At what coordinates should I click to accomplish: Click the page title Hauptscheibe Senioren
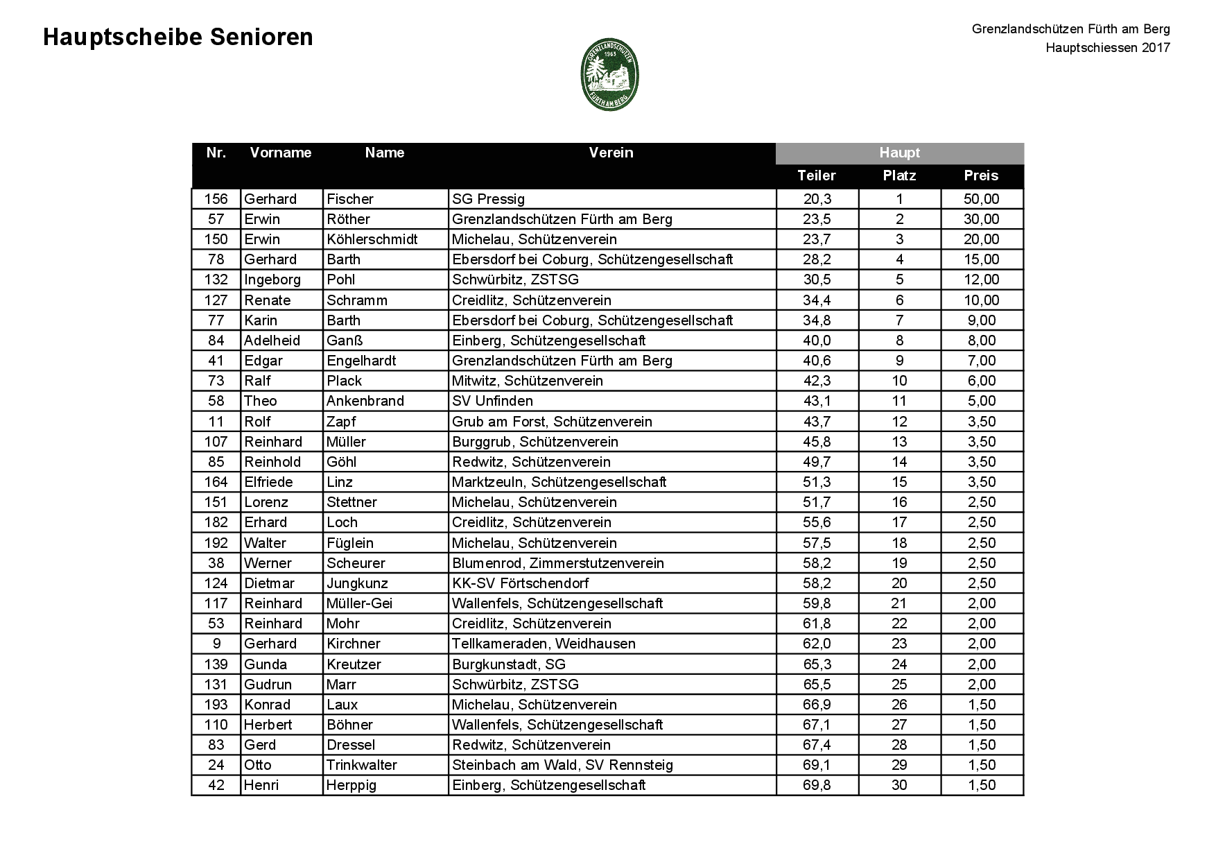(x=178, y=37)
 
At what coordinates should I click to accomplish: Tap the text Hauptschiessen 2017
(x=1108, y=48)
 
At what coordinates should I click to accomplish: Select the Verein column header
(x=611, y=153)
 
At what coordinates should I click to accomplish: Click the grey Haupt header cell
(x=899, y=153)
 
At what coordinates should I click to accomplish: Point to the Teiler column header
(x=817, y=175)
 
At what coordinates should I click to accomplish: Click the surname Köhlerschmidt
(x=372, y=239)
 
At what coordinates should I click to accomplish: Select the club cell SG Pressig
(x=488, y=199)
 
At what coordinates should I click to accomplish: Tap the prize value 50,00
(x=981, y=199)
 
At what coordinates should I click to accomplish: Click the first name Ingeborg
(x=272, y=279)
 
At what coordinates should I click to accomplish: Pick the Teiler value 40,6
(x=817, y=361)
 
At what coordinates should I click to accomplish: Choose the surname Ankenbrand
(x=365, y=401)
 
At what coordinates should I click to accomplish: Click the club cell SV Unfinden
(x=492, y=401)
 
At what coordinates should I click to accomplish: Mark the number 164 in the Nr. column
(x=216, y=482)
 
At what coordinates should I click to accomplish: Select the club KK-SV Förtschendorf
(x=520, y=583)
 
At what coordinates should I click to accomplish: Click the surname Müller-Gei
(x=360, y=603)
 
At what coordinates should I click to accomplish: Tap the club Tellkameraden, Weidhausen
(x=544, y=644)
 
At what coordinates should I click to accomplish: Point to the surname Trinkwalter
(x=362, y=765)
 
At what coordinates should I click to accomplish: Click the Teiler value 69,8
(x=817, y=785)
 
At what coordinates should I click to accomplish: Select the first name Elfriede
(x=268, y=482)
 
